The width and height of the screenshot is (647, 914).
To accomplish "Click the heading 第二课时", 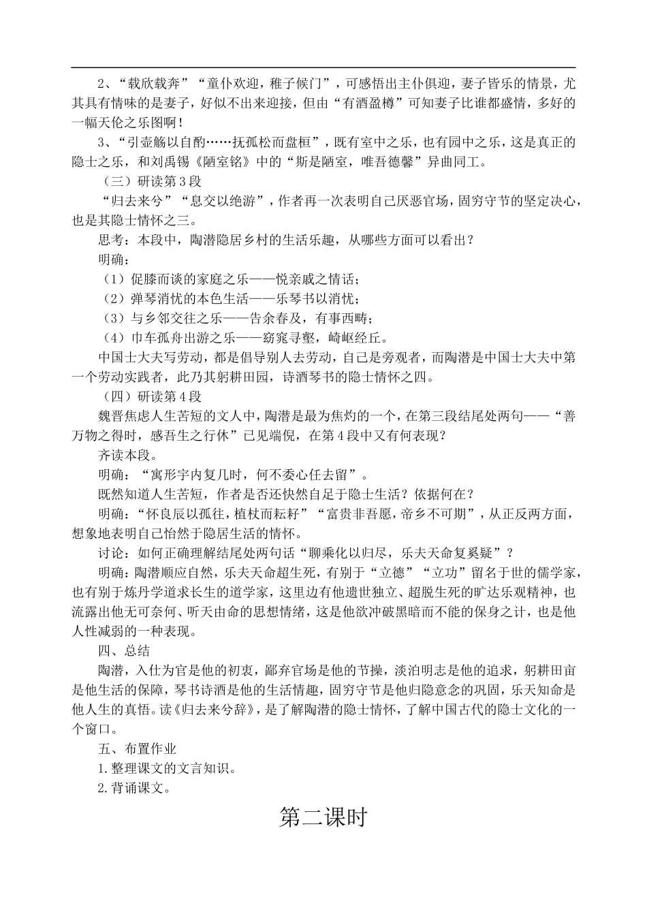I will click(x=323, y=817).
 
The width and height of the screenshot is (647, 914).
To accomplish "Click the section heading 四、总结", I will click(x=123, y=650).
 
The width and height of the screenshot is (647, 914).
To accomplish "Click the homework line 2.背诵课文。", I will click(x=132, y=788).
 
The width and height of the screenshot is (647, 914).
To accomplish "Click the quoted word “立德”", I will click(x=426, y=572).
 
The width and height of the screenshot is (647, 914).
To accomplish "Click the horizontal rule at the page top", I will click(x=323, y=67).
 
